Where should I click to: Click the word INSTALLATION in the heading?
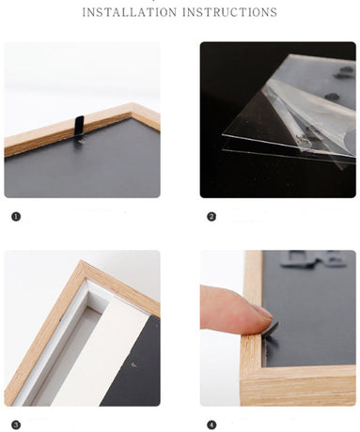click(x=130, y=12)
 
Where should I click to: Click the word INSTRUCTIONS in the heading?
click(x=229, y=12)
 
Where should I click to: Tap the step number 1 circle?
click(x=16, y=216)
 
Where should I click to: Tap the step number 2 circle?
click(x=211, y=216)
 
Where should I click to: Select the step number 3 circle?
click(x=16, y=424)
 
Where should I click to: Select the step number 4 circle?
click(x=211, y=424)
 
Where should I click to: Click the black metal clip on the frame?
click(x=80, y=128)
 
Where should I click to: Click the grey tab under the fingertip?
click(x=271, y=329)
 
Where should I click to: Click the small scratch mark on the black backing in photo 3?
click(x=133, y=364)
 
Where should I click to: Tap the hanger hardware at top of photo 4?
click(x=313, y=259)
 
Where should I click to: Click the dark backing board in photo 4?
click(x=310, y=313)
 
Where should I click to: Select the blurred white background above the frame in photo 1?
click(x=82, y=75)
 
